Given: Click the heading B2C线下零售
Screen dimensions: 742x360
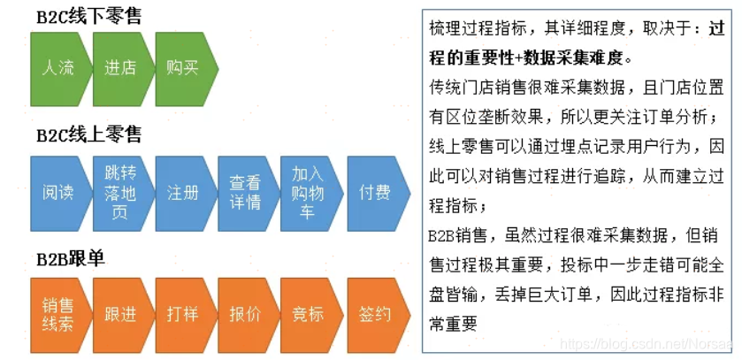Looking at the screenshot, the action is click(x=89, y=18).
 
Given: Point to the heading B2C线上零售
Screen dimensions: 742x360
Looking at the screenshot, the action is click(x=89, y=135).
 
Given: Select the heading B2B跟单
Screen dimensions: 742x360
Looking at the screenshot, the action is click(x=71, y=259).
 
